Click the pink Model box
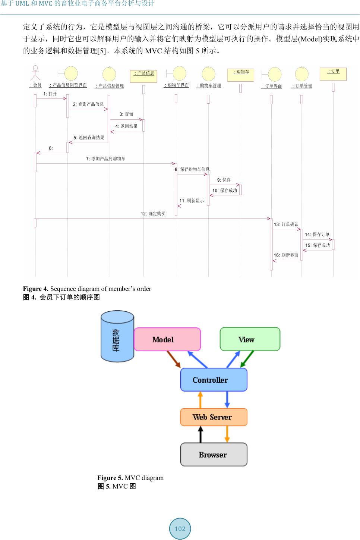(x=167, y=339)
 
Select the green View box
(x=250, y=339)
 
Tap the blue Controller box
(x=214, y=380)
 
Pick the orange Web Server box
(x=214, y=417)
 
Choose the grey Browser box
(x=214, y=455)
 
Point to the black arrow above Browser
(x=200, y=434)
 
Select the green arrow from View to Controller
(x=247, y=359)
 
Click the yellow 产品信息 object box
(x=143, y=76)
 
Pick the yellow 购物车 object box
(x=241, y=75)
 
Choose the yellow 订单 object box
(x=333, y=74)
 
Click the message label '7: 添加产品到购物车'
(x=106, y=159)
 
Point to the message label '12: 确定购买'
(x=153, y=214)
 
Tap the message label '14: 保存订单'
(x=317, y=235)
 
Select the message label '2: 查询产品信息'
(x=88, y=104)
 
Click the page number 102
(x=180, y=529)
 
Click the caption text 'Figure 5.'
(x=110, y=478)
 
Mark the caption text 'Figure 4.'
(x=36, y=289)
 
